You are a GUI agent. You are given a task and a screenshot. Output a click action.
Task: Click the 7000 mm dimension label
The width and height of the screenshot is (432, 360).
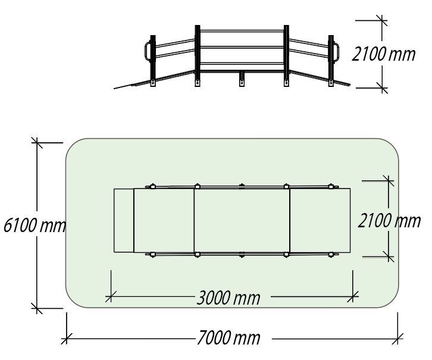point(228,338)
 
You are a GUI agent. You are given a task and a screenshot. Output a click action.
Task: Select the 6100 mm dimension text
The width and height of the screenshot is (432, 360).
point(35,225)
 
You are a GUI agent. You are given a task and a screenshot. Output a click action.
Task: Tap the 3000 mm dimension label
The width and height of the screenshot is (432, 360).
point(228,298)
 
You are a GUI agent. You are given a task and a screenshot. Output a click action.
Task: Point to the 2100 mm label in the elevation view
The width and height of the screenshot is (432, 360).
point(384,54)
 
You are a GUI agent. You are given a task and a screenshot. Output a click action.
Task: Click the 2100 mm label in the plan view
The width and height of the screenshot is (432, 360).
point(389,221)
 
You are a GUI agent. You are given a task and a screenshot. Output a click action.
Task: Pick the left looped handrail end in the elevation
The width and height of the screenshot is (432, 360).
point(148,51)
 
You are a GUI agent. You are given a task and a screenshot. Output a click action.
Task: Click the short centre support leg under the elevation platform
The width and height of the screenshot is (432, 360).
point(242,79)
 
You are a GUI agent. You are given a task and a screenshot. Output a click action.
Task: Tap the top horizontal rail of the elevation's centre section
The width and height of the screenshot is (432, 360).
point(242,31)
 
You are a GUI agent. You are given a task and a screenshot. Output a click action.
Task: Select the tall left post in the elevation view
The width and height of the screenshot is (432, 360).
point(198,56)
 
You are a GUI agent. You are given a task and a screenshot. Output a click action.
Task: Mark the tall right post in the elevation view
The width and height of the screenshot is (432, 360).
point(286,56)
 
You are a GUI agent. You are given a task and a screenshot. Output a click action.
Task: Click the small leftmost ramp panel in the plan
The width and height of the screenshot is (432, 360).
point(124,220)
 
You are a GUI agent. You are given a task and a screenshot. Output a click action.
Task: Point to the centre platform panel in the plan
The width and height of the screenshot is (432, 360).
point(242,220)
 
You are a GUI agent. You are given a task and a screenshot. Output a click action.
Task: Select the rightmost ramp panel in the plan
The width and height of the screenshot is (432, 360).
point(320,220)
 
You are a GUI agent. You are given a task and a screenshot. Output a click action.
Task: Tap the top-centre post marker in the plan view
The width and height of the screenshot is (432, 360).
point(242,186)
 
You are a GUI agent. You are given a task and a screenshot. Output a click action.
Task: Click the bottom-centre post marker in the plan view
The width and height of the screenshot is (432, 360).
point(242,255)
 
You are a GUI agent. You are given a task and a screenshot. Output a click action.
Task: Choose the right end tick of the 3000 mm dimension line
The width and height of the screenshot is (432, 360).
point(353,297)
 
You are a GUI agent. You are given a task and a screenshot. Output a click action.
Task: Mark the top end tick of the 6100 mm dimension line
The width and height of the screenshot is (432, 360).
point(37,143)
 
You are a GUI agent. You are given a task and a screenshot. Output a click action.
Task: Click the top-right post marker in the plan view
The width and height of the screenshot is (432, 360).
point(331,186)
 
